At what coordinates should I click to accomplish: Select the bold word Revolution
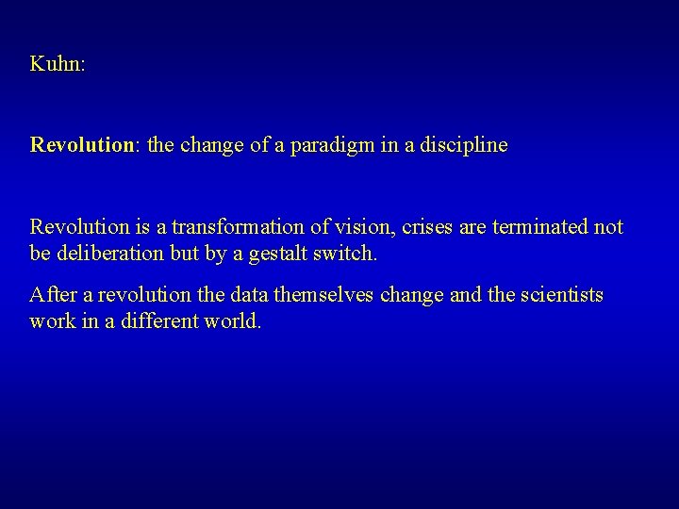pos(82,146)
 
